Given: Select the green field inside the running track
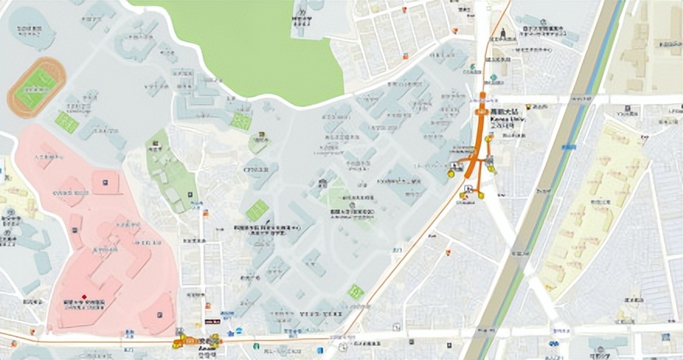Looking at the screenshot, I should tap(36, 87).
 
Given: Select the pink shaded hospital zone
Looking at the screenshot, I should tap(101, 233).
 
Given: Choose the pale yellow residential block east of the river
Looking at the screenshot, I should tap(598, 209).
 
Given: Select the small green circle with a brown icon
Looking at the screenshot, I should tap(259, 142).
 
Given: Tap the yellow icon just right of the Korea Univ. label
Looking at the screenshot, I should tap(529, 106).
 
